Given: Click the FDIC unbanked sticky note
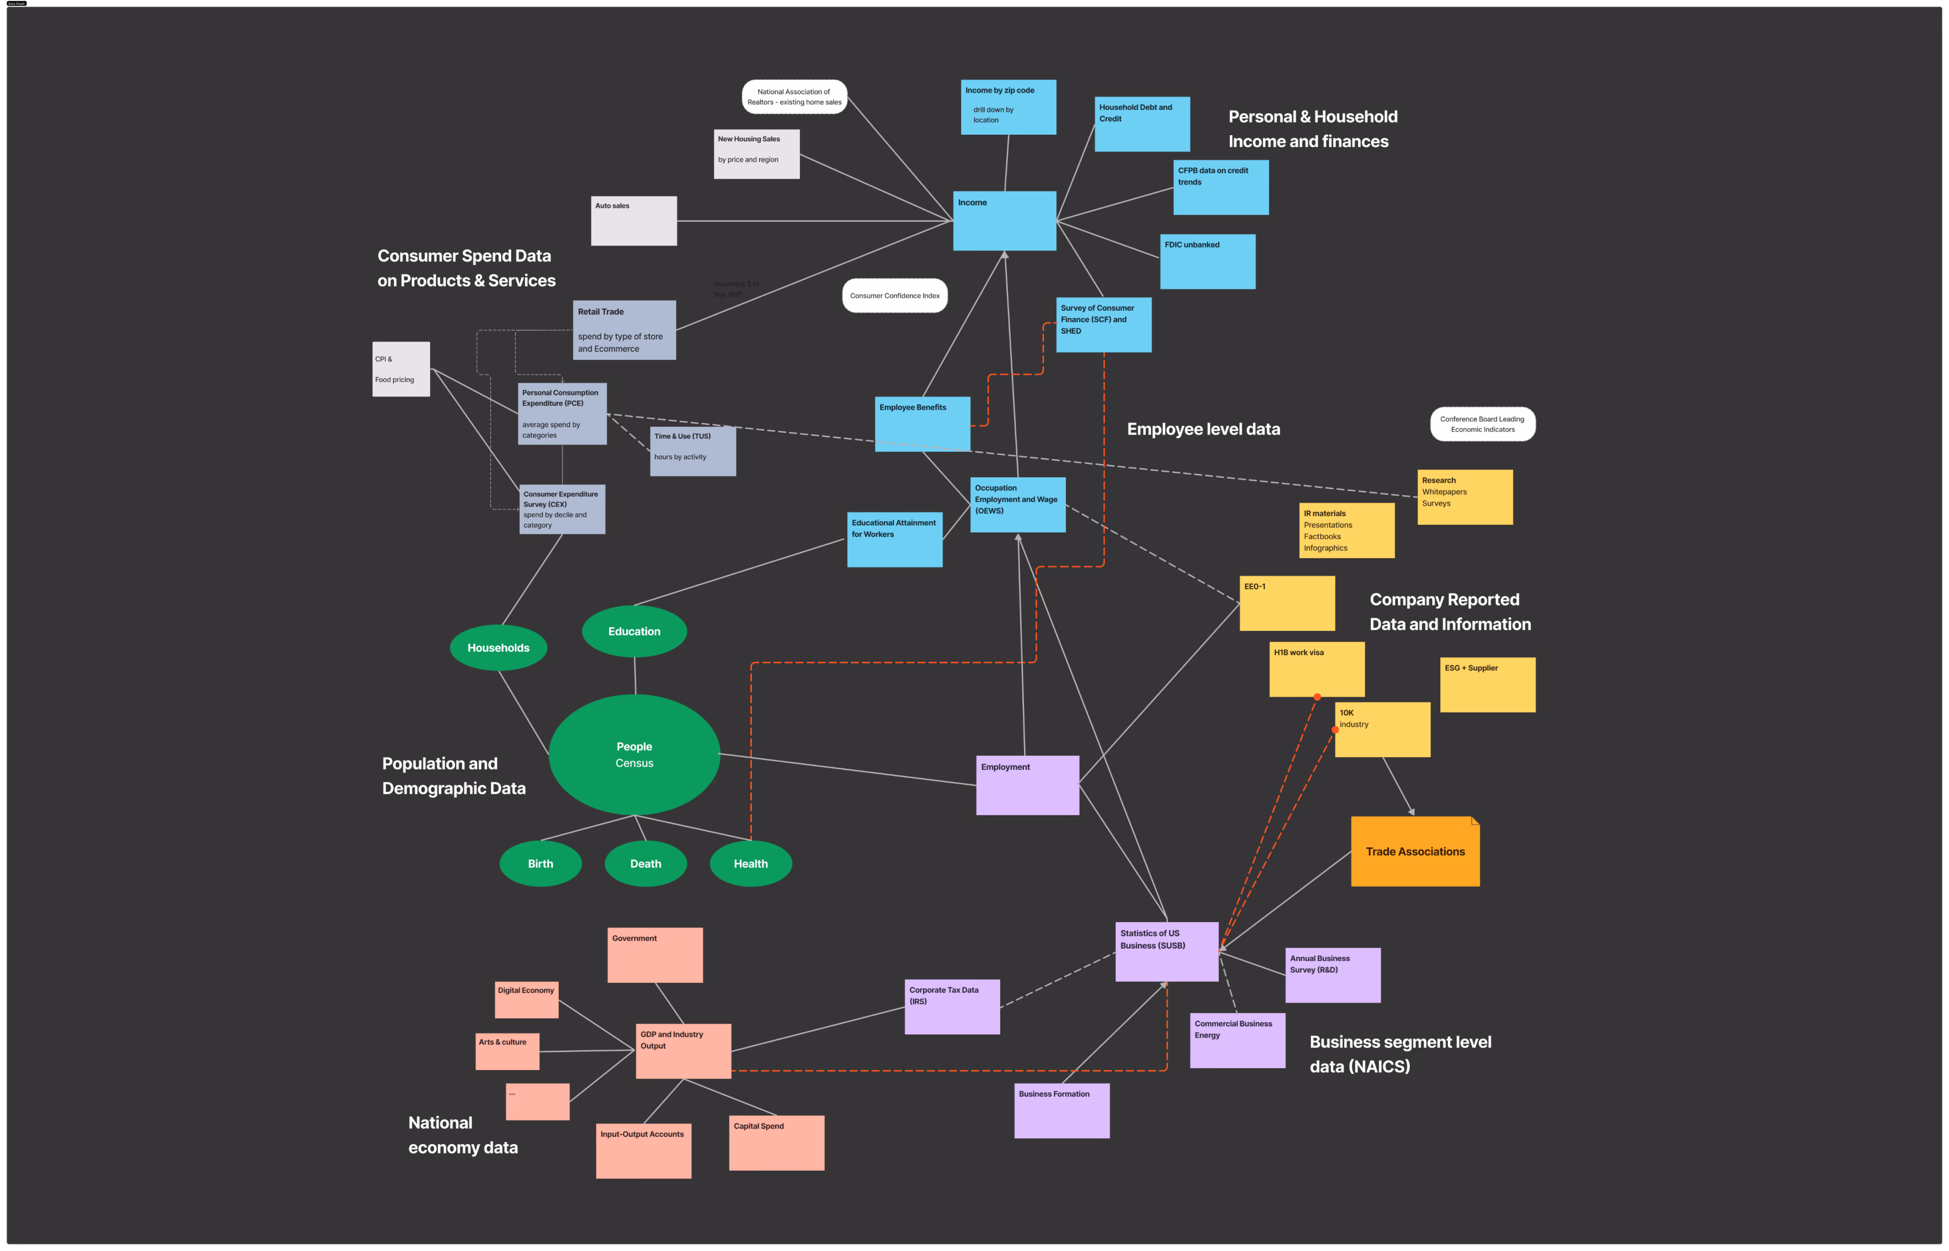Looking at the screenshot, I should (1208, 262).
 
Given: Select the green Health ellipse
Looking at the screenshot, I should (750, 864).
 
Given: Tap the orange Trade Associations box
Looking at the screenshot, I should (1415, 851).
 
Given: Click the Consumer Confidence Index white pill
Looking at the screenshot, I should (894, 296).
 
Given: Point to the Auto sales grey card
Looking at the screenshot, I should (633, 221).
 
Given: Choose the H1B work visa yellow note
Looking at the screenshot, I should (1317, 670).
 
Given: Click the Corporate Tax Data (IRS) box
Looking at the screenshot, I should (952, 1006).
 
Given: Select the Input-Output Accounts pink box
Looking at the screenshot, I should (643, 1151).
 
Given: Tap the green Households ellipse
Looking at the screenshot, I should (498, 648).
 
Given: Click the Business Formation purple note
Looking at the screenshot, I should (1062, 1111).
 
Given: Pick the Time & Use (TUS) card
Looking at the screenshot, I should (693, 451).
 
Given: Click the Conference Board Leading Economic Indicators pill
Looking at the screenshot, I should (1482, 424).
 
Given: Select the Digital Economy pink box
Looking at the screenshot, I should (526, 1000).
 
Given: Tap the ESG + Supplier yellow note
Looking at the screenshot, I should (1487, 685).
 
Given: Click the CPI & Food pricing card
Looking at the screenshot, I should (400, 370).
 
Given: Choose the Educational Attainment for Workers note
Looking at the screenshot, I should (894, 540).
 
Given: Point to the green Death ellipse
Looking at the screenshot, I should (646, 864).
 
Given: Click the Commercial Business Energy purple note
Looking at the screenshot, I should (1237, 1041).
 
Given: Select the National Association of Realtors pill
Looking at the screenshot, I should (793, 97).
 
